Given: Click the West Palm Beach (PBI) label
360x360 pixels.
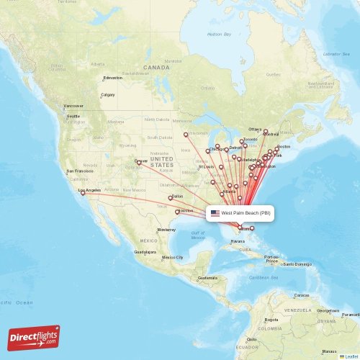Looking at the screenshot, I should [x=246, y=213].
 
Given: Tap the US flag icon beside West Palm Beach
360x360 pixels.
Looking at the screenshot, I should [x=215, y=213].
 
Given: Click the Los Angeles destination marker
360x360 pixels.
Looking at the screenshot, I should [x=83, y=193].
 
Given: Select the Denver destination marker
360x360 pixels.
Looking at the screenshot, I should [x=139, y=163].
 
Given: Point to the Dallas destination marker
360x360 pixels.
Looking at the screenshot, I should [x=171, y=197].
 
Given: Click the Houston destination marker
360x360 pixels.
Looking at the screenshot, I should [x=177, y=212].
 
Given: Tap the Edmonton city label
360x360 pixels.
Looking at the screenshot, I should [x=113, y=78].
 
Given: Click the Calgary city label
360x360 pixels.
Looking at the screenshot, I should [x=108, y=94].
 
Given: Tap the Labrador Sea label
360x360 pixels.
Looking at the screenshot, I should [x=336, y=54].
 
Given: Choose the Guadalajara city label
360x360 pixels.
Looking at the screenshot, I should [x=145, y=253].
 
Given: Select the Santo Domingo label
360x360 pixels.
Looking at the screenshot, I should [x=297, y=264].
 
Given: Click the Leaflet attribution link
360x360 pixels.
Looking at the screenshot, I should [x=351, y=356].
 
